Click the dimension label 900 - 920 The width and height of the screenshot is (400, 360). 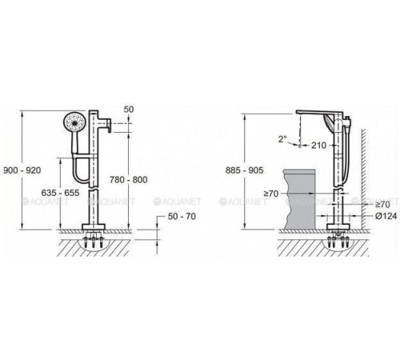22,170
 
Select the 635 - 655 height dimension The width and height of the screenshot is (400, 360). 60,193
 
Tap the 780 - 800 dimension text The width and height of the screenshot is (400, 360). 129,179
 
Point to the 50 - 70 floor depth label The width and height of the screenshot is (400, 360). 182,216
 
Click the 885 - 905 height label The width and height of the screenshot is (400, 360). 245,170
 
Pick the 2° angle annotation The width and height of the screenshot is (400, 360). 282,139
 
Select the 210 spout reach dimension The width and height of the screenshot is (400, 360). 318,146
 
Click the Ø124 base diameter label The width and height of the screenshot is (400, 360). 386,216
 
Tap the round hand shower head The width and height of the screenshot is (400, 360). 74,122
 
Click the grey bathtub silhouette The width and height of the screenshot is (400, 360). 300,199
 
